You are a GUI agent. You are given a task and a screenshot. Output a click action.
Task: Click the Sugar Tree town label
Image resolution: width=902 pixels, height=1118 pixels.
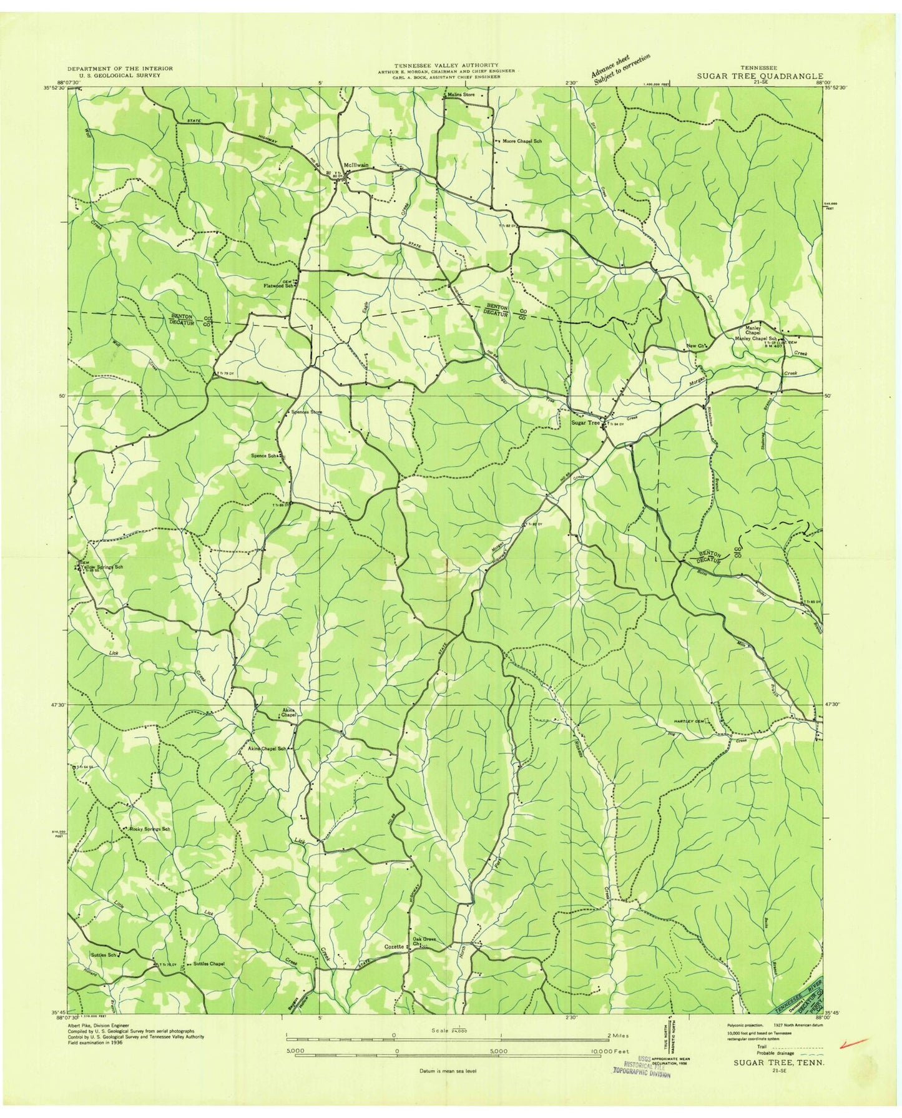584,423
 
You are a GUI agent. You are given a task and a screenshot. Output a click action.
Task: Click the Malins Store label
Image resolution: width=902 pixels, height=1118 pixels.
461,94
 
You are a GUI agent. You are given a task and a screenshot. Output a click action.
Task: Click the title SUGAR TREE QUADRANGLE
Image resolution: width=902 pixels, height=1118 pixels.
760,76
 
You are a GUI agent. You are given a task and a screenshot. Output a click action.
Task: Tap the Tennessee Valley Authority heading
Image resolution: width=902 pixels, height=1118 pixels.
454,65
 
